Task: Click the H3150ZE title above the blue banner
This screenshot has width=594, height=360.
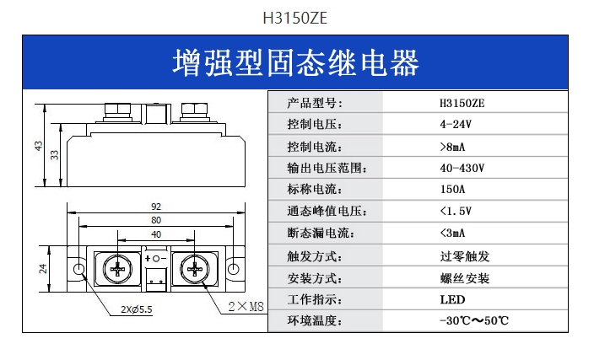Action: coord(294,18)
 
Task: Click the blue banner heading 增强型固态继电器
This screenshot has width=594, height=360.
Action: coord(295,63)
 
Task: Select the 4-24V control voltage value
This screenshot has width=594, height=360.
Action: coord(456,124)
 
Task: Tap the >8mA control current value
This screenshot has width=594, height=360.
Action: coord(452,147)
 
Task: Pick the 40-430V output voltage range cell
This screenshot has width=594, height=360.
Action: coord(462,168)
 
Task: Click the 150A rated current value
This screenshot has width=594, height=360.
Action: coord(452,189)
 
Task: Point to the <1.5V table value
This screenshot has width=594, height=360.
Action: coord(456,211)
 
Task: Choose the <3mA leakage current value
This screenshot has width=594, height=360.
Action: coord(452,233)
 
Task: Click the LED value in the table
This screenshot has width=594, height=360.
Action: coord(452,299)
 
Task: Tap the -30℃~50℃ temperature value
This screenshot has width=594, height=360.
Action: coord(474,320)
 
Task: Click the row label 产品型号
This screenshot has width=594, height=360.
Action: coord(315,103)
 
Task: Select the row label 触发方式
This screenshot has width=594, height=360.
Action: coord(315,256)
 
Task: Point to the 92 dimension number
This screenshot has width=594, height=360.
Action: coord(156,207)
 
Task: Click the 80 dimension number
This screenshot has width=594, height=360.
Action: coord(156,220)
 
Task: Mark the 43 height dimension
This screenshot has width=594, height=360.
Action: coord(39,146)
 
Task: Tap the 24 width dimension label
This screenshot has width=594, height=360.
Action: coord(43,269)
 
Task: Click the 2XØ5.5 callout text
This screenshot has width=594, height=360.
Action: coord(137,309)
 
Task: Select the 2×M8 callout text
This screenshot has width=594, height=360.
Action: coord(246,306)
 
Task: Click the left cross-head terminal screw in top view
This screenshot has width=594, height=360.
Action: coord(117,270)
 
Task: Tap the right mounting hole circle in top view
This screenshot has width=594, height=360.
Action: coord(234,269)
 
